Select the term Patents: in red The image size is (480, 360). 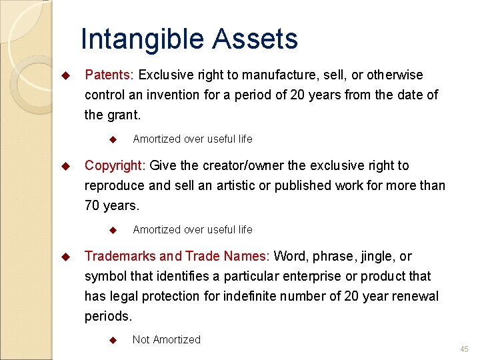coord(110,75)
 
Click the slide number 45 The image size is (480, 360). coord(464,349)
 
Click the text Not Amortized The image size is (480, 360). coord(166,339)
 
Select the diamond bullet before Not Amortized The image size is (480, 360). coord(113,340)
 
